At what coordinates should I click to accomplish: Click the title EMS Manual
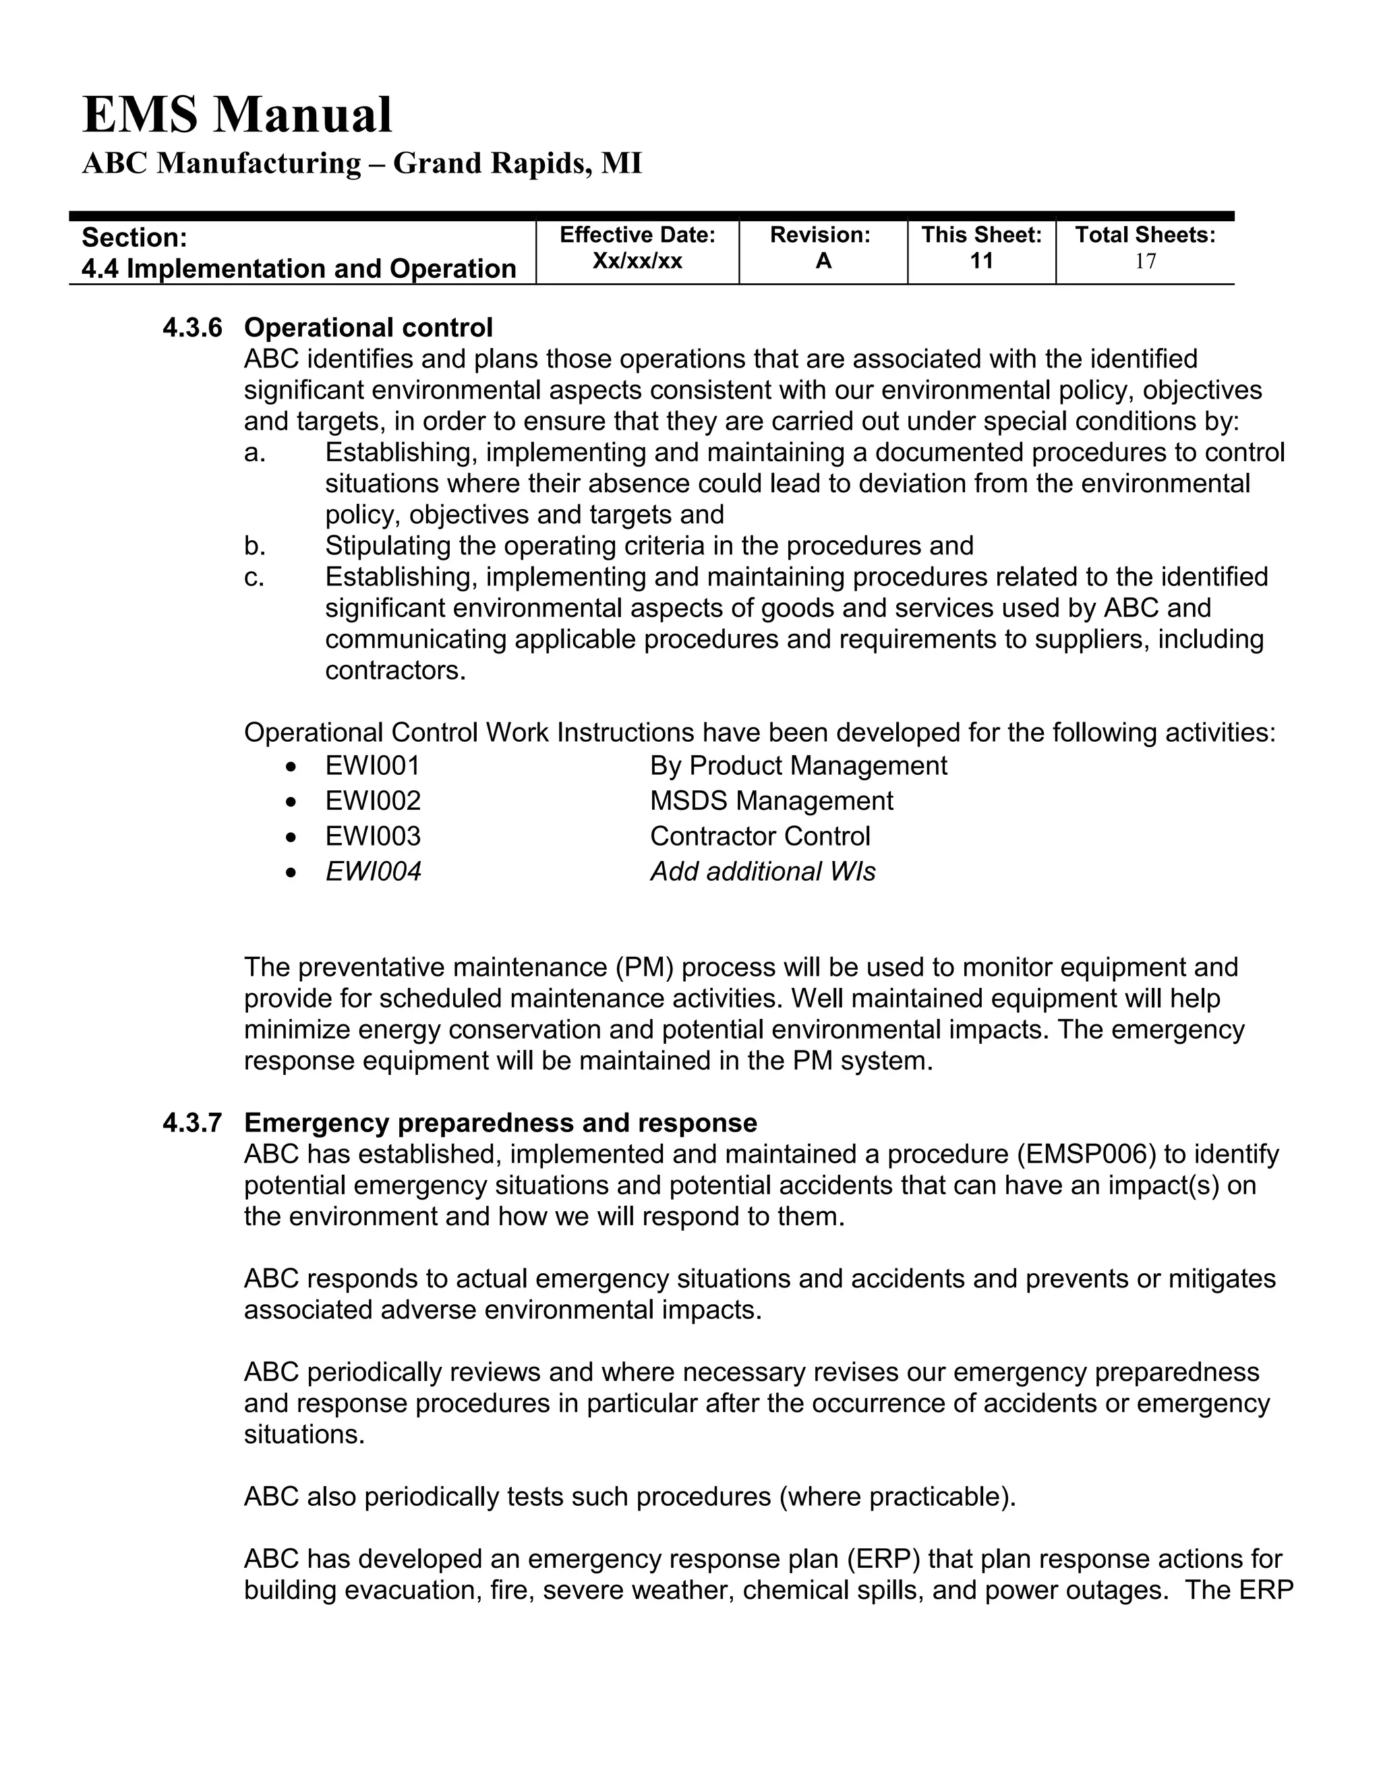237,115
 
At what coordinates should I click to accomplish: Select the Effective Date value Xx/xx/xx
637,261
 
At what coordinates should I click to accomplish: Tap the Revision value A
823,261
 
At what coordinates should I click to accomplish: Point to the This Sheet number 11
981,261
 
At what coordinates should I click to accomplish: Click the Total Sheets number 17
1144,262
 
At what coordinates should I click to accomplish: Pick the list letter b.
254,546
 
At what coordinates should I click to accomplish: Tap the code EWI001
372,766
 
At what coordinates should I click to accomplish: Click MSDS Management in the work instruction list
771,801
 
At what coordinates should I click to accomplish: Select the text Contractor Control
759,836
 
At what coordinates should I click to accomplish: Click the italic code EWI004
373,871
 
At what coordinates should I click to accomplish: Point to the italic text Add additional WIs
763,871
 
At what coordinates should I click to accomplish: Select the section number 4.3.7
192,1123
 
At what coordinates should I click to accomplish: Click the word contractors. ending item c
395,671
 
